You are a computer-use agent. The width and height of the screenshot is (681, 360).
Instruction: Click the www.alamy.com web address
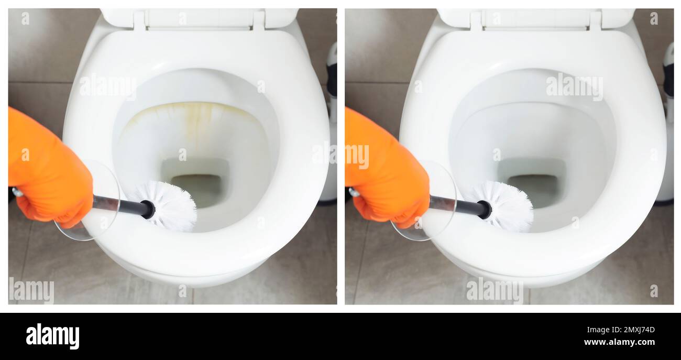point(619,342)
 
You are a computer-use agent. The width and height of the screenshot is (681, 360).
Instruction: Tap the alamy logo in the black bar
point(52,336)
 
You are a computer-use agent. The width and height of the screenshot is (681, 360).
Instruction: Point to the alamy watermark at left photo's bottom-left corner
point(31,290)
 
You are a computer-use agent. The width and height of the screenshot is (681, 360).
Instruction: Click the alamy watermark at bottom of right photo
point(494,290)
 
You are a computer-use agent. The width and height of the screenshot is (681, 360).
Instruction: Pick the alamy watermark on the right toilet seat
point(574,86)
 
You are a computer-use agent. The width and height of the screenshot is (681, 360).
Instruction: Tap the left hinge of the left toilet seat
point(139,20)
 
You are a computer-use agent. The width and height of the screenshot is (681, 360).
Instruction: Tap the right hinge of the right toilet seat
point(595,20)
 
